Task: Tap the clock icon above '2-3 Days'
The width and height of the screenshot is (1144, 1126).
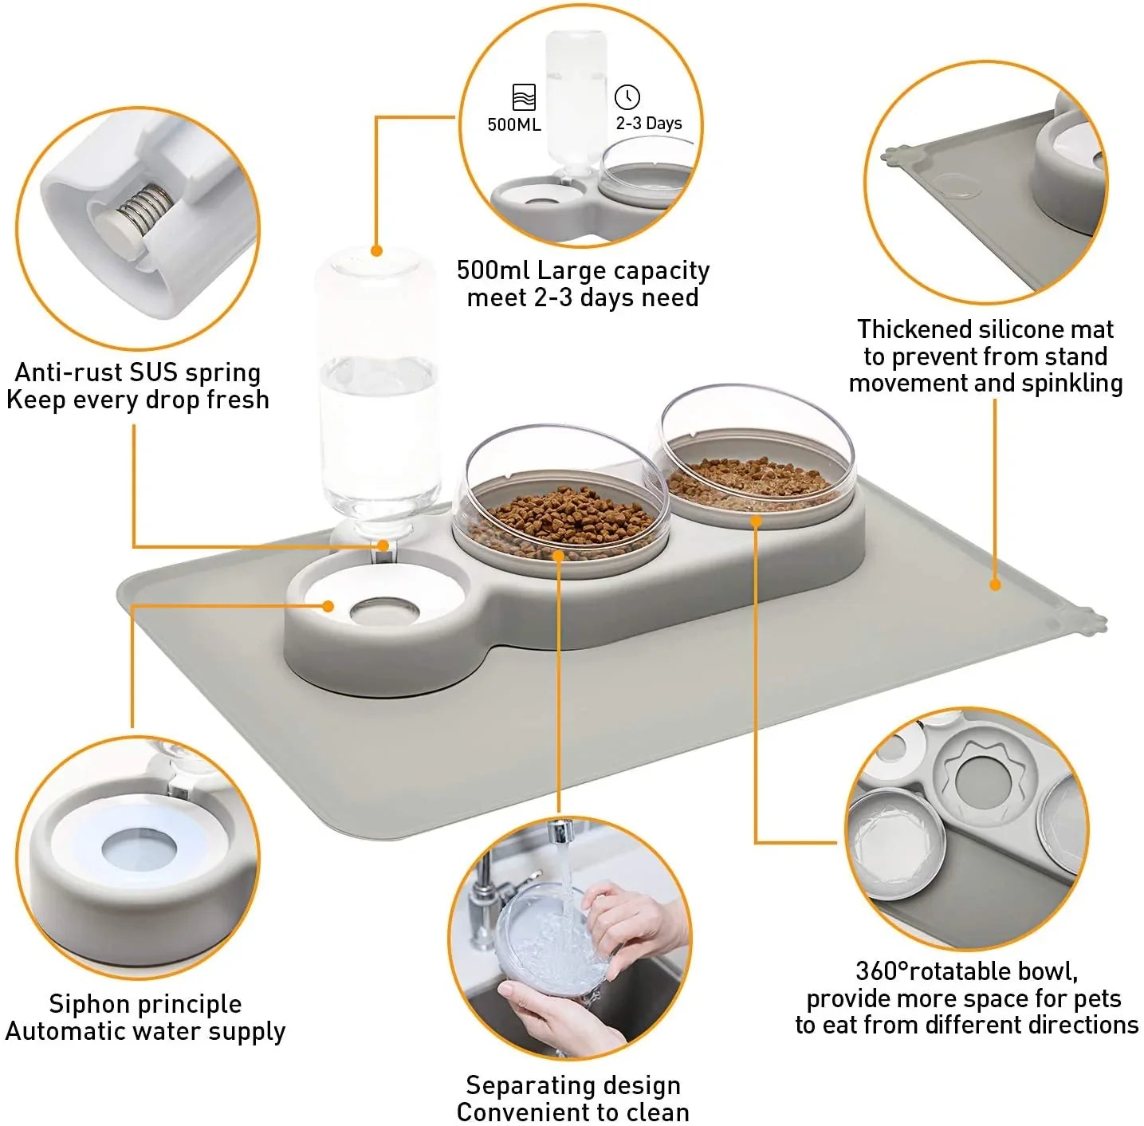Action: click(627, 96)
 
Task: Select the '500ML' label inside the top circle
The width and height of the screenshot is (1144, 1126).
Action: click(514, 124)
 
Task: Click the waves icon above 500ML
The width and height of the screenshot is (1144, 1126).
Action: click(524, 97)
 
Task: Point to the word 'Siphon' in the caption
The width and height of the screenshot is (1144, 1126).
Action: click(88, 1003)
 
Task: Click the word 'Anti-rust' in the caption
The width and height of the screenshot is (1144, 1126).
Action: click(69, 372)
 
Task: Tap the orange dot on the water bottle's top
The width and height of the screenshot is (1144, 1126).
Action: click(377, 250)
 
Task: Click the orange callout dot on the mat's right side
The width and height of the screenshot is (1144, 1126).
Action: click(995, 585)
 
